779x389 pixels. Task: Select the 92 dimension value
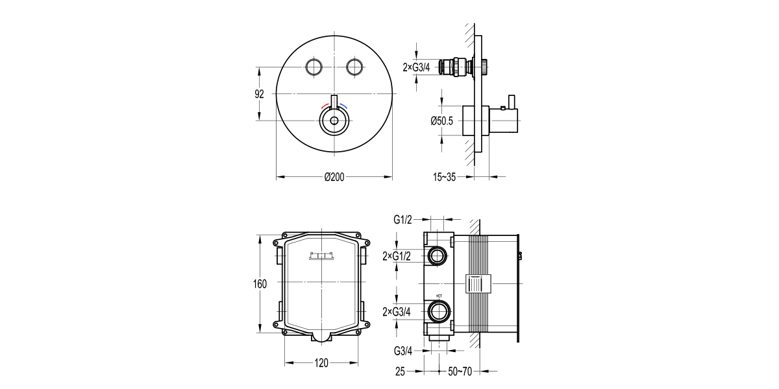(x=259, y=94)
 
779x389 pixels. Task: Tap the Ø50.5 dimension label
(x=443, y=120)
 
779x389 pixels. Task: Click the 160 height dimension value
(x=259, y=284)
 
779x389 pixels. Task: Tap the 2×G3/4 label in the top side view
(x=416, y=67)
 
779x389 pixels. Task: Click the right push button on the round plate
(x=354, y=67)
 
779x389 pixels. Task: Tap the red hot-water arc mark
(x=325, y=106)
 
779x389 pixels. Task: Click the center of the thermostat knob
(x=334, y=121)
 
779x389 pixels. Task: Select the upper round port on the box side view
(x=438, y=255)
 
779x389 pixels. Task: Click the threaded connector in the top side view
(x=455, y=67)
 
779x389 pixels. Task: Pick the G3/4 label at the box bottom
(x=403, y=351)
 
